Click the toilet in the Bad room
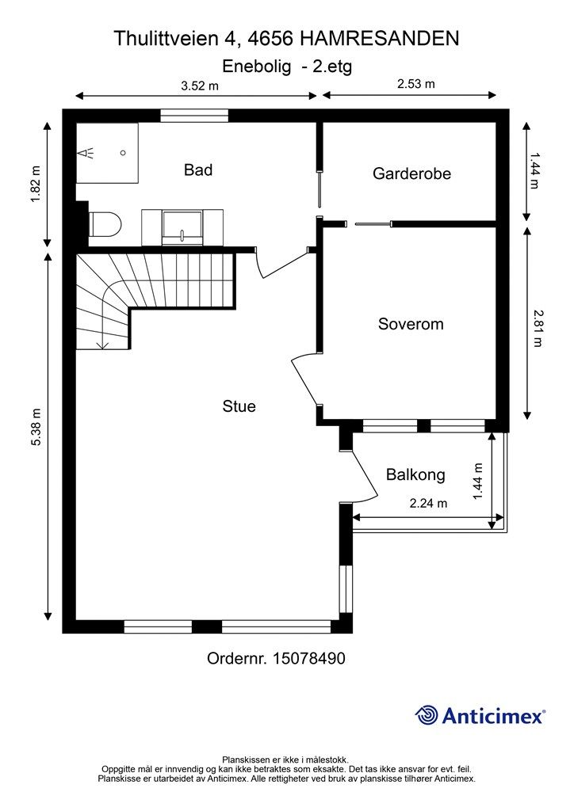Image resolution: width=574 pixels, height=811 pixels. click(x=105, y=225)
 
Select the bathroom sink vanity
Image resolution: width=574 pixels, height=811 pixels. click(x=182, y=226)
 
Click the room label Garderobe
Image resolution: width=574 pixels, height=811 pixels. click(x=411, y=173)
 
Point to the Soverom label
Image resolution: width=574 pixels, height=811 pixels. click(x=410, y=324)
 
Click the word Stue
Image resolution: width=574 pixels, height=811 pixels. click(x=239, y=406)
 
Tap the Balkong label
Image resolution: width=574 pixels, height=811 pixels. click(x=415, y=475)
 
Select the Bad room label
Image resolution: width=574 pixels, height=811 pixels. click(x=197, y=169)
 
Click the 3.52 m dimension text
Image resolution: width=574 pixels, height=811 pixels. click(x=199, y=86)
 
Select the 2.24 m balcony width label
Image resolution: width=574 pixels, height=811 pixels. click(x=428, y=503)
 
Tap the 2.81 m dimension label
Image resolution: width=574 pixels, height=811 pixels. click(x=538, y=325)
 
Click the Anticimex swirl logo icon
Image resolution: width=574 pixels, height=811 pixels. click(x=427, y=715)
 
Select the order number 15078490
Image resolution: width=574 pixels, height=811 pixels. click(x=308, y=658)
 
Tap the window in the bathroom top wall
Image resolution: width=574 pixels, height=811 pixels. click(x=194, y=116)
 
